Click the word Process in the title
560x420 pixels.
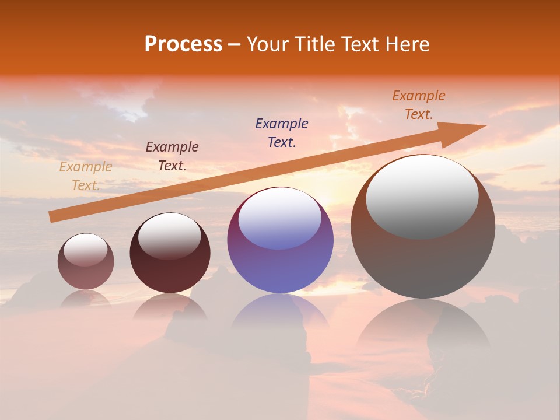click(183, 44)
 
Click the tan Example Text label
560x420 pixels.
click(85, 176)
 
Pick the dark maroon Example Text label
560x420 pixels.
click(171, 156)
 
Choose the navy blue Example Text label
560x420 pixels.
click(281, 132)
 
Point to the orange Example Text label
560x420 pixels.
click(418, 105)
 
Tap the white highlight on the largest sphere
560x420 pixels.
click(422, 195)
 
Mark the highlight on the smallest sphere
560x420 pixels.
click(85, 250)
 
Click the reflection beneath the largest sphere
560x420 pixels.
click(423, 327)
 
